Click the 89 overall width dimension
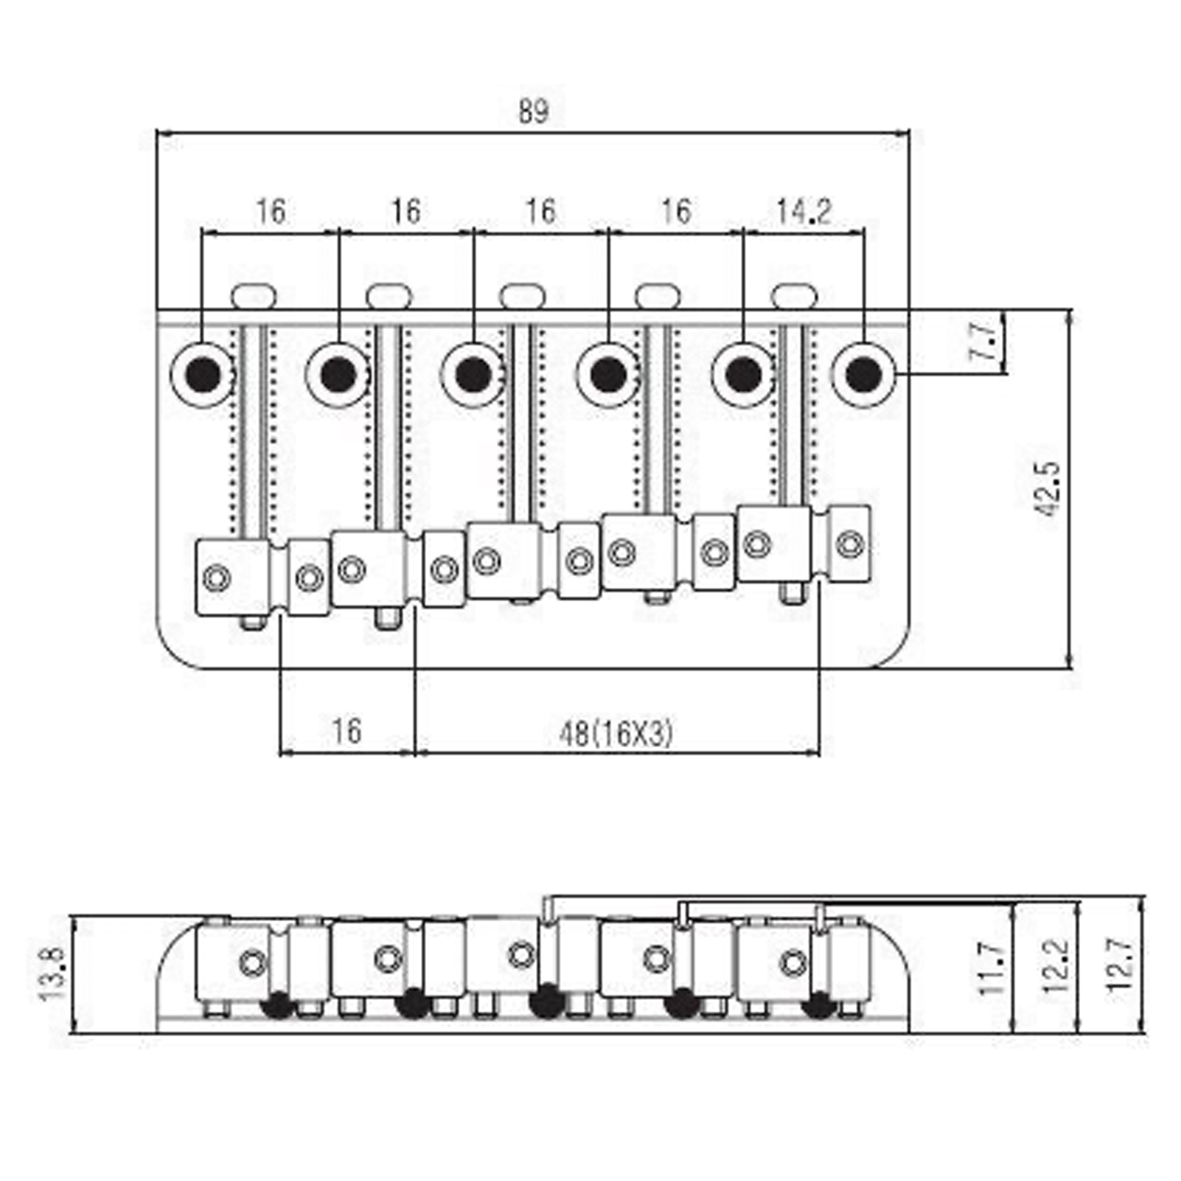point(534,111)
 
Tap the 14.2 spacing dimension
point(804,212)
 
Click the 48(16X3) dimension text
point(616,733)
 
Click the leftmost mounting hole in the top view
point(204,374)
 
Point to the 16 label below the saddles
point(346,731)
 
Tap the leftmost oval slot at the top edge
point(254,296)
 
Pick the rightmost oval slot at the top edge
point(794,295)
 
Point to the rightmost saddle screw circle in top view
point(850,543)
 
